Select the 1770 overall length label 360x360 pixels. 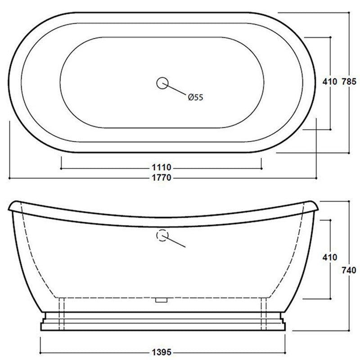point(162,178)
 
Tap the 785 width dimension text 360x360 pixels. point(349,82)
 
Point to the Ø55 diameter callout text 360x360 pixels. point(196,97)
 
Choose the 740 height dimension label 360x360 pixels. point(349,270)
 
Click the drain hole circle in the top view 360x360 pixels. point(162,83)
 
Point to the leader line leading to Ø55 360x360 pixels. point(176,90)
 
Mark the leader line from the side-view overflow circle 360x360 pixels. point(175,242)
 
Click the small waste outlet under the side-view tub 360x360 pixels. point(161,299)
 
